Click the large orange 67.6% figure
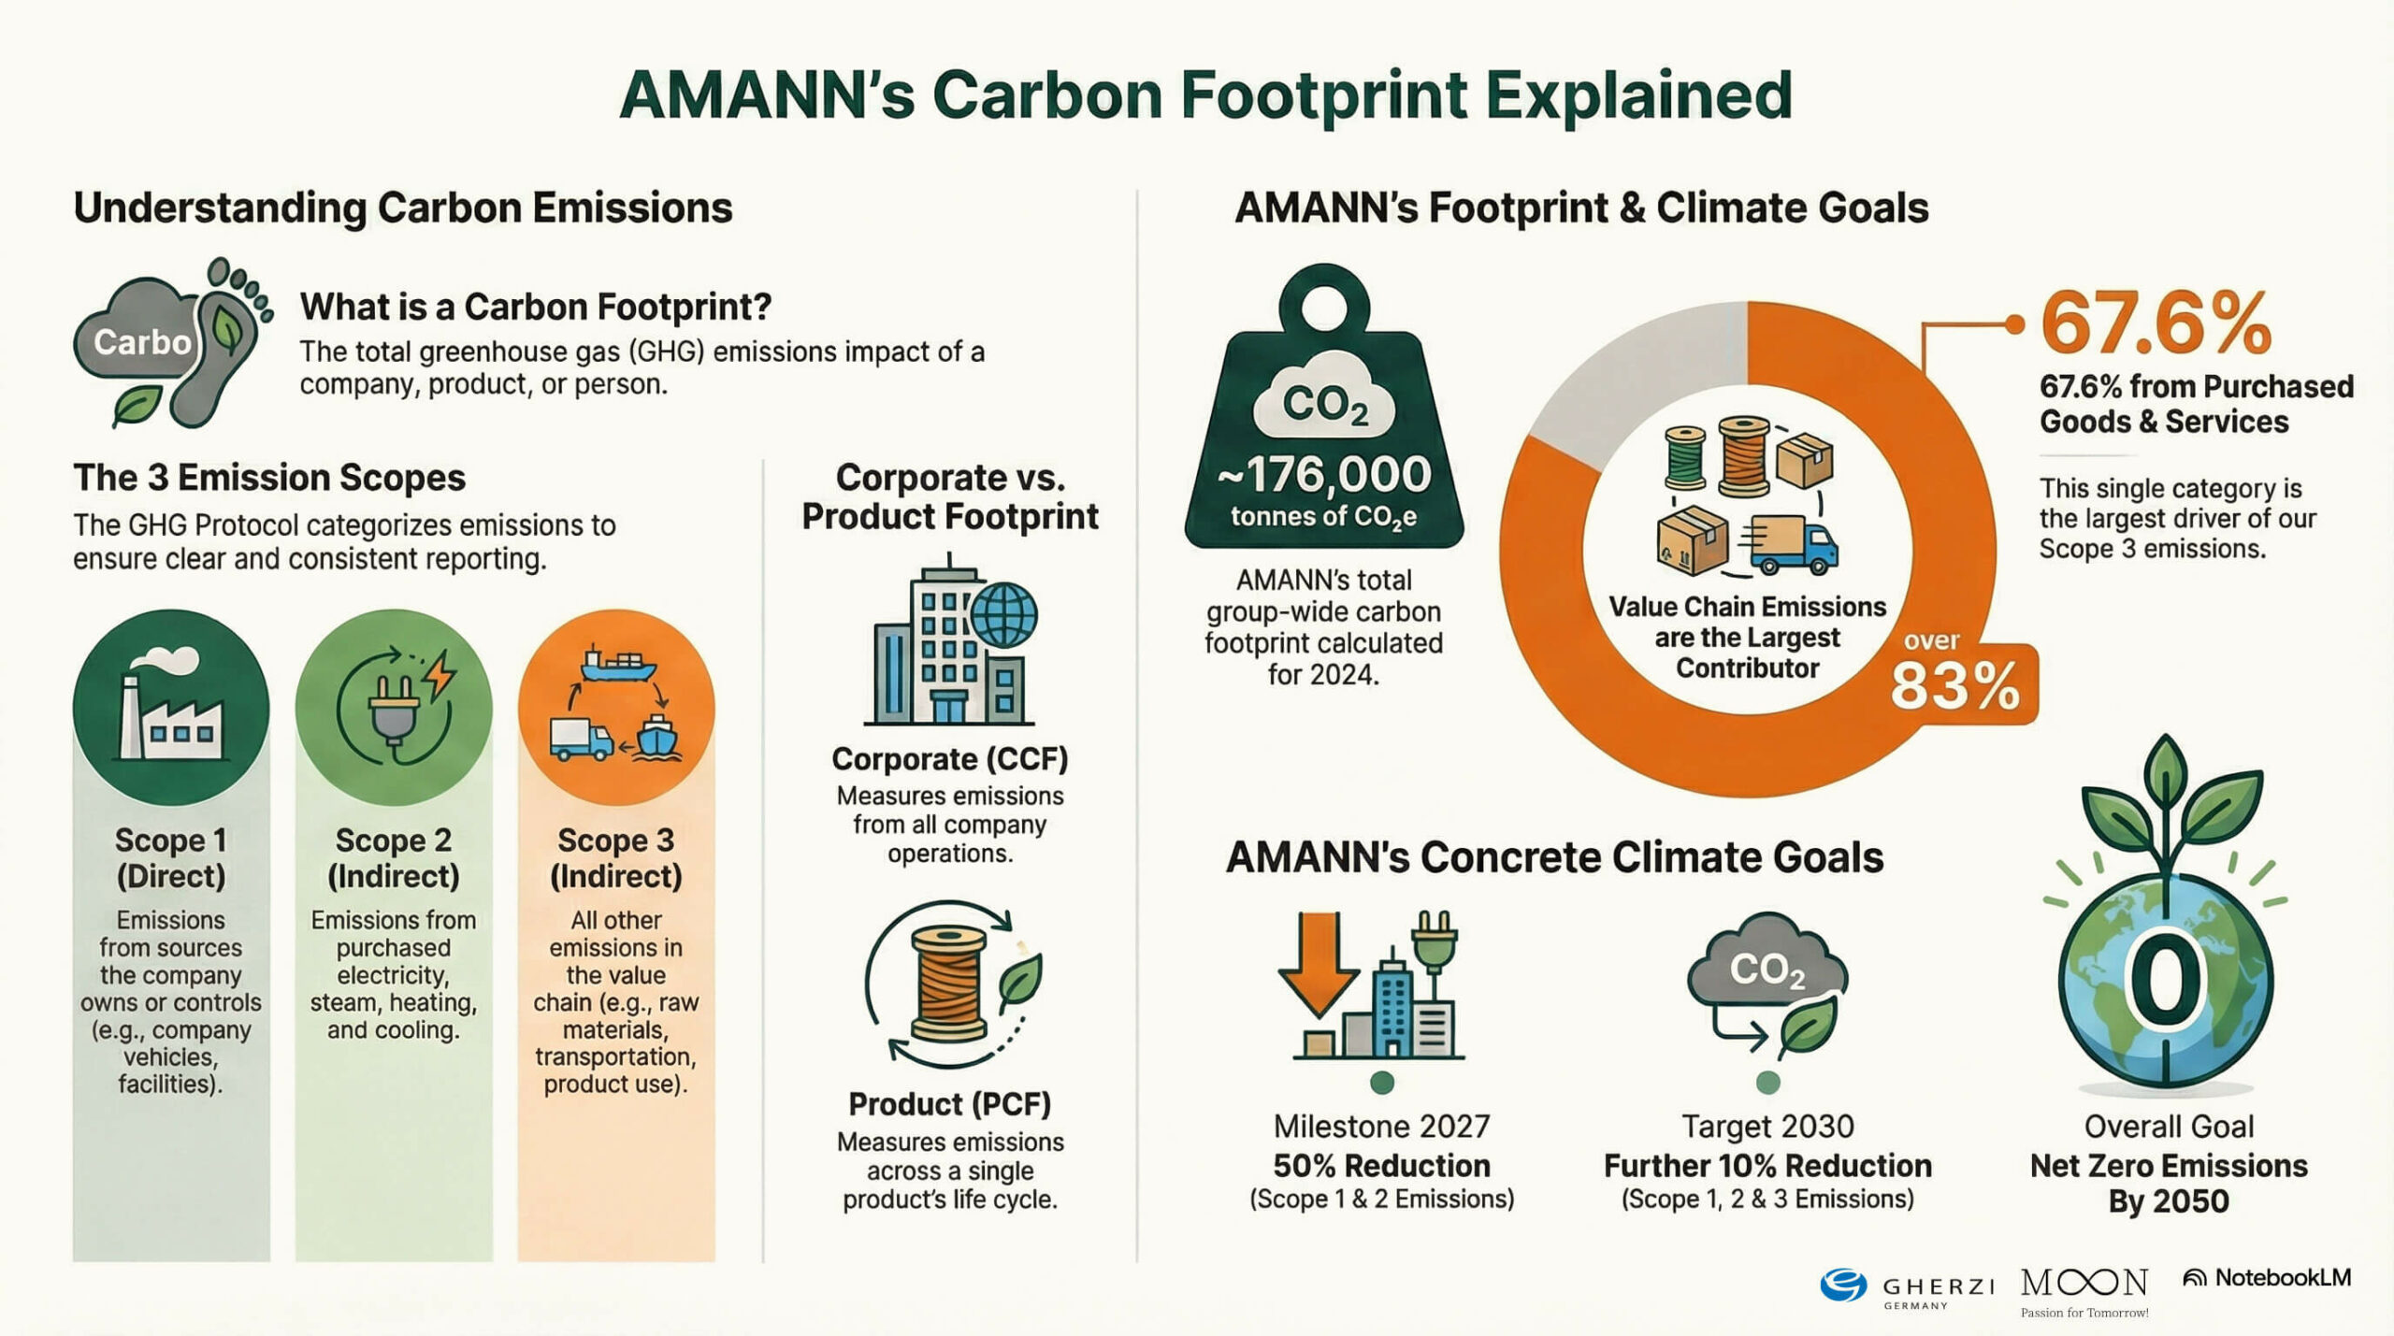click(2156, 323)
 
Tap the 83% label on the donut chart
click(1954, 686)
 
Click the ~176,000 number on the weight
click(1323, 475)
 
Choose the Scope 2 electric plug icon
click(394, 708)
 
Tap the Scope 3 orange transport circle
click(616, 708)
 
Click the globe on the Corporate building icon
click(1004, 615)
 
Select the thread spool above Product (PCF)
click(949, 984)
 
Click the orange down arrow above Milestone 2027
click(1319, 965)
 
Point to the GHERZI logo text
click(1938, 1286)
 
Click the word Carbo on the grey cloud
click(142, 342)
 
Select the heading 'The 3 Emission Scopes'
click(269, 478)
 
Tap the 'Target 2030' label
click(1767, 1127)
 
